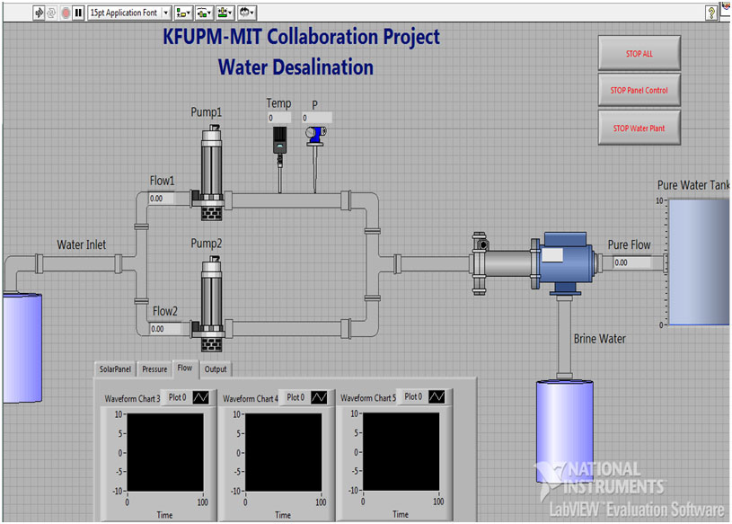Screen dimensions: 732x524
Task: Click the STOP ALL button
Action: pyautogui.click(x=639, y=53)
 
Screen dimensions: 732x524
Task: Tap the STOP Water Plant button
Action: pyautogui.click(x=639, y=128)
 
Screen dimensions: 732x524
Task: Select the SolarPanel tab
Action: pyautogui.click(x=115, y=369)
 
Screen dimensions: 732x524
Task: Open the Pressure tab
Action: pyautogui.click(x=154, y=369)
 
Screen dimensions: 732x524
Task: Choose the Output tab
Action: pyautogui.click(x=216, y=369)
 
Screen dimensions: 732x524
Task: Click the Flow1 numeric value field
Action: pyautogui.click(x=162, y=199)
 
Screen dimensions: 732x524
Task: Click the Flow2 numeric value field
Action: pyautogui.click(x=163, y=329)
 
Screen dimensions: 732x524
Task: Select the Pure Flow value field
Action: pyautogui.click(x=631, y=262)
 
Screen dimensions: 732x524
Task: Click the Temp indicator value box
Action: pyautogui.click(x=279, y=118)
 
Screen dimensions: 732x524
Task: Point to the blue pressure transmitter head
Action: pyautogui.click(x=316, y=135)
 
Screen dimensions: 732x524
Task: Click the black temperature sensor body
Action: pyautogui.click(x=279, y=140)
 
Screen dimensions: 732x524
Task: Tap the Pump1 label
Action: pyautogui.click(x=207, y=112)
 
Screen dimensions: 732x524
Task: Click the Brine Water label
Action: pyautogui.click(x=599, y=339)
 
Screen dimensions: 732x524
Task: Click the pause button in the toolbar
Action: pyautogui.click(x=78, y=13)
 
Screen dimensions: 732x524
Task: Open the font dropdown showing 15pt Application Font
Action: pyautogui.click(x=128, y=13)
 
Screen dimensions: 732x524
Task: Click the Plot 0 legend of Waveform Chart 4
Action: pyautogui.click(x=304, y=397)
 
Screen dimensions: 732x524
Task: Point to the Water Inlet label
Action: pyautogui.click(x=81, y=244)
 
